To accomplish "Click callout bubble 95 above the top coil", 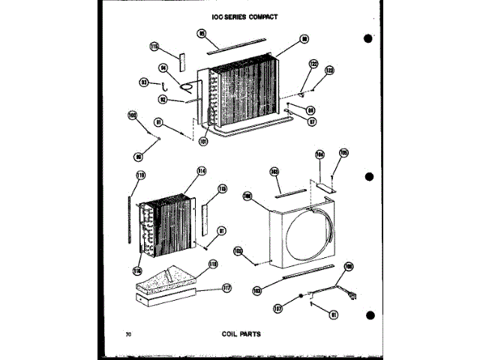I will click(202, 32).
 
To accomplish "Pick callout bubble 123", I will click(328, 70).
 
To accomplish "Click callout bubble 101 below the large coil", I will click(203, 140).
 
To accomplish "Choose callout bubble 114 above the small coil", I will click(201, 171).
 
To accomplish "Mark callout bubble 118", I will click(212, 264).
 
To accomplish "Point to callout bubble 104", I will click(319, 156).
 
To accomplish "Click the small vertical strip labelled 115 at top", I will click(180, 61).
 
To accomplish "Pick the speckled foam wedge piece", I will click(166, 281).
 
